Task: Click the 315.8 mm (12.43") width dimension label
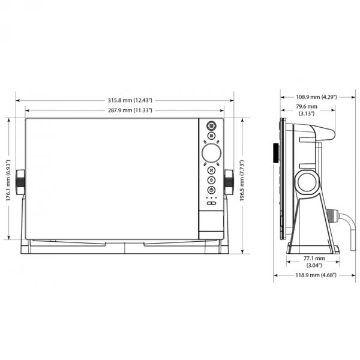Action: click(130, 100)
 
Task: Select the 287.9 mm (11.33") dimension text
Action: click(130, 110)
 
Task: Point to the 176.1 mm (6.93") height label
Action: click(8, 181)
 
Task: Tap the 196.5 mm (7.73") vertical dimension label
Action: click(242, 181)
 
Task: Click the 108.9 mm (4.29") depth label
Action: click(316, 97)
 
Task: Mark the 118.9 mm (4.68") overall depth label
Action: click(316, 275)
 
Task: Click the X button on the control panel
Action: click(211, 170)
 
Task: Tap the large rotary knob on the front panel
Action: click(211, 153)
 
